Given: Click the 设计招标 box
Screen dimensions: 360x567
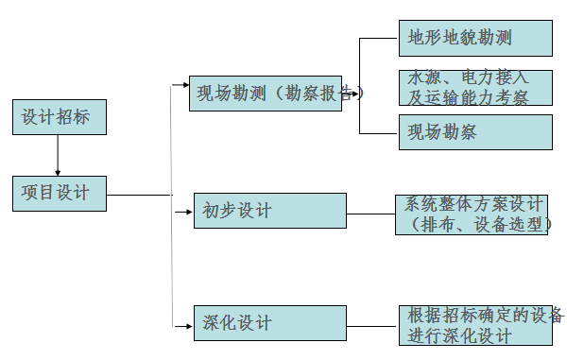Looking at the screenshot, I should (x=59, y=117).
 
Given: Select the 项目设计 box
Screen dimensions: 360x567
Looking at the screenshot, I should (x=59, y=193).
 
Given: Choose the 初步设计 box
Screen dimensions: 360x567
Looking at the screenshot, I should (x=269, y=211).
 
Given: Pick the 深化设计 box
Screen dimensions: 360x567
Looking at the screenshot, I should (x=269, y=323).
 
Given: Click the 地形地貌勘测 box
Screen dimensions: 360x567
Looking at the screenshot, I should (x=474, y=38).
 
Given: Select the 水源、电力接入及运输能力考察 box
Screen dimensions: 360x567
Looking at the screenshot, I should (x=474, y=87).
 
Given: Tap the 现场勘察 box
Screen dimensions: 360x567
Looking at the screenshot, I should (x=474, y=131).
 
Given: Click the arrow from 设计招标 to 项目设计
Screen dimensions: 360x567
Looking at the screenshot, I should (x=58, y=155).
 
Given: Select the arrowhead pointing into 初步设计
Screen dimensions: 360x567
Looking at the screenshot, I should (x=188, y=212).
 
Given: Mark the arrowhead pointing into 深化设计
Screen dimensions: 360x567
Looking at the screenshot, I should (x=188, y=324).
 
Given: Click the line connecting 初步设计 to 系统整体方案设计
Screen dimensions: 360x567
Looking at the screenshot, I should (x=370, y=212).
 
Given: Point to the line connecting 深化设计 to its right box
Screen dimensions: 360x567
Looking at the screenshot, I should (x=370, y=324).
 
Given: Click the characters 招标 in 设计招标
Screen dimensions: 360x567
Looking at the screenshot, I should (x=76, y=117).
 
